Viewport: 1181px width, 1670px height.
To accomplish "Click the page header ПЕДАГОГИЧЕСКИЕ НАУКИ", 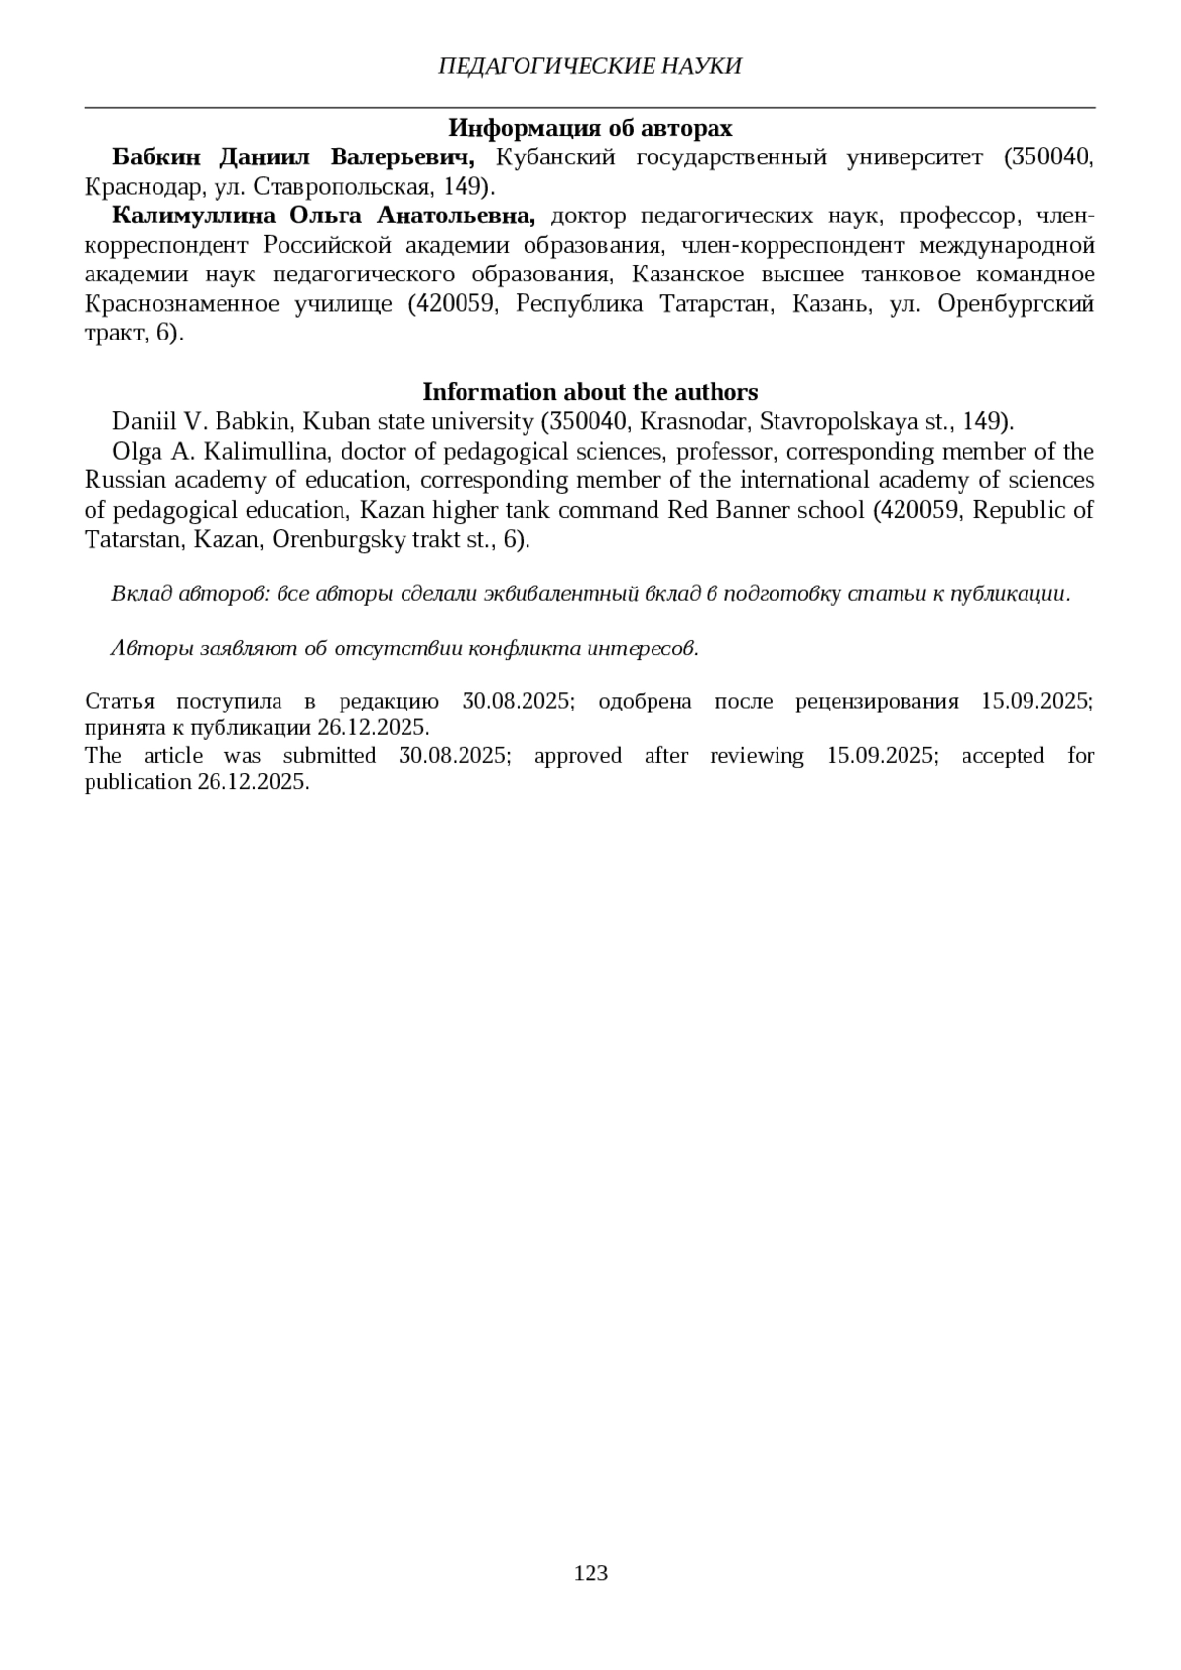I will pyautogui.click(x=590, y=66).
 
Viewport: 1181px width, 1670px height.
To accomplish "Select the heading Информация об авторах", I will pyautogui.click(x=590, y=128).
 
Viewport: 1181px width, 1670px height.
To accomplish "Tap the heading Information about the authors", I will pyautogui.click(x=590, y=392).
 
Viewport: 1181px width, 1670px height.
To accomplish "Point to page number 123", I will pyautogui.click(x=590, y=1573).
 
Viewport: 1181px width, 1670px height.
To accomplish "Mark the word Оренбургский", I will pyautogui.click(x=1016, y=303).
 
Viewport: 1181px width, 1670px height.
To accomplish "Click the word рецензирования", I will pyautogui.click(x=876, y=702).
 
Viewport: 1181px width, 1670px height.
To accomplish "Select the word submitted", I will pyautogui.click(x=330, y=756).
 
